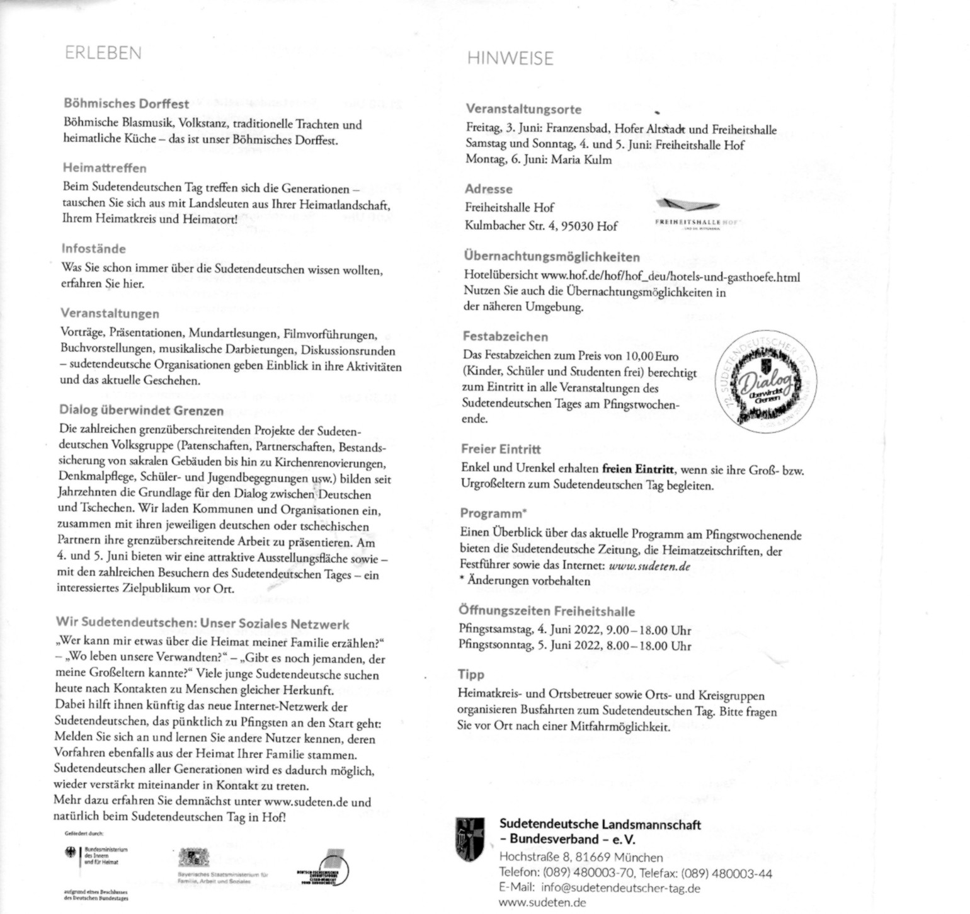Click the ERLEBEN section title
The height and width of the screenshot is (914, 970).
(x=103, y=53)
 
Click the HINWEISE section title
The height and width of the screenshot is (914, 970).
(x=510, y=59)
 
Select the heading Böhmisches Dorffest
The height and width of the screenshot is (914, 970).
(x=126, y=103)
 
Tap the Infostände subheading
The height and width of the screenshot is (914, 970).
(x=93, y=248)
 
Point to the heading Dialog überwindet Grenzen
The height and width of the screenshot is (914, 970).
(x=142, y=411)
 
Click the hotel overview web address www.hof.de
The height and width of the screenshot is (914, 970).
(x=670, y=276)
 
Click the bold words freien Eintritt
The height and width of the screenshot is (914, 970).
(x=638, y=469)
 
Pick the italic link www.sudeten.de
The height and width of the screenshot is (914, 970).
(x=649, y=566)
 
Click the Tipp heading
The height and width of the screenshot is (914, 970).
(x=471, y=675)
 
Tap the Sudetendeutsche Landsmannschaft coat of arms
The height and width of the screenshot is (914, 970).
(x=471, y=840)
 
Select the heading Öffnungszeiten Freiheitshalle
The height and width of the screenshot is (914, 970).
(x=547, y=611)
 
